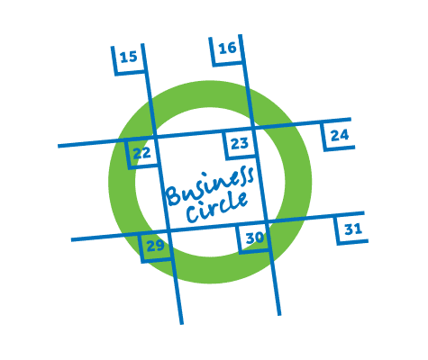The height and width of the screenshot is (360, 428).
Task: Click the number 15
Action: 129,57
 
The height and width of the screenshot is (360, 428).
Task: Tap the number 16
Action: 227,49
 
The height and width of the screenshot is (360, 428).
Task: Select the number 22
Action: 141,153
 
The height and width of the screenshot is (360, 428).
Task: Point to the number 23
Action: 240,143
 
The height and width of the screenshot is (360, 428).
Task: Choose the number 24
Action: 340,135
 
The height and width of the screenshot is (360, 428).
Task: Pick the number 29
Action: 156,246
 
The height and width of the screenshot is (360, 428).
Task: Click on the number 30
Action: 255,238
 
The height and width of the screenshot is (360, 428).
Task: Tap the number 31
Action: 353,229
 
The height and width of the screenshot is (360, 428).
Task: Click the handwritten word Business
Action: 210,185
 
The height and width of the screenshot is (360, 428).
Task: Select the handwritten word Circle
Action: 217,206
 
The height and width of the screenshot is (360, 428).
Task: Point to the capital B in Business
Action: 174,195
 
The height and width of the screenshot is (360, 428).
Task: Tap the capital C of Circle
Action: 193,215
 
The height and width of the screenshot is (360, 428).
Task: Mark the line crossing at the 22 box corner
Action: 155,138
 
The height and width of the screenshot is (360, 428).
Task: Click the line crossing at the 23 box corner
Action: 254,129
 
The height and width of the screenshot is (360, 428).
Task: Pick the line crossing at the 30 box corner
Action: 267,222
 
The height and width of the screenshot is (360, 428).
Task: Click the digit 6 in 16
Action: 232,49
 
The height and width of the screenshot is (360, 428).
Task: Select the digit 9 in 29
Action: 160,246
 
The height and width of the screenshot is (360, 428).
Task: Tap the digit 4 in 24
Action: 344,135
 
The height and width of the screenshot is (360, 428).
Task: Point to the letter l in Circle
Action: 231,202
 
